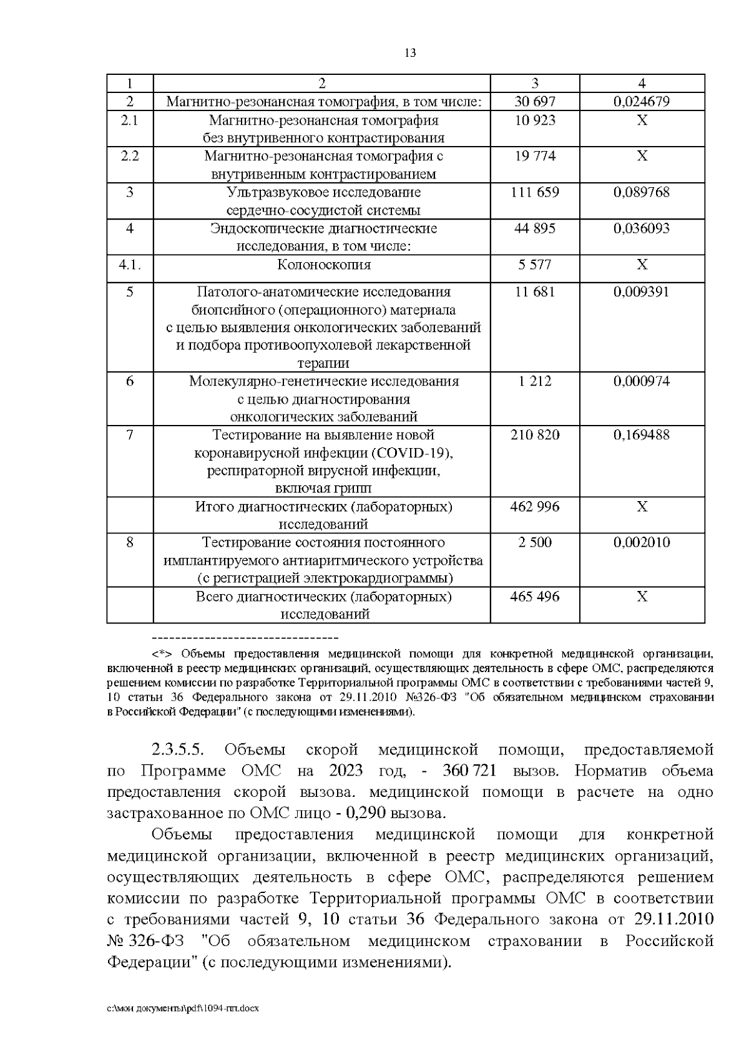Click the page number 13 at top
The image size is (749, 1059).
[410, 53]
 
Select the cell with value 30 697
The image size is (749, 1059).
[534, 102]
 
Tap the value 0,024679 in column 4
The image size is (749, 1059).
[642, 102]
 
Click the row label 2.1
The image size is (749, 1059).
[129, 120]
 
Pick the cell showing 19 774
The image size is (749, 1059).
[534, 156]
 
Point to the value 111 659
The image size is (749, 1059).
[534, 192]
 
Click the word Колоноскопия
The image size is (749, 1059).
[323, 265]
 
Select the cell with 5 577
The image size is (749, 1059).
[534, 265]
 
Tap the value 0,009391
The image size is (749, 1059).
[642, 291]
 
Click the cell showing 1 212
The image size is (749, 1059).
[534, 381]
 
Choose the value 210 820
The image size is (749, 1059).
[534, 435]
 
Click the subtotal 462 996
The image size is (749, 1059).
[534, 507]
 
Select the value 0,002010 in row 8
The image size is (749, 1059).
[642, 542]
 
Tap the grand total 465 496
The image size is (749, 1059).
[534, 597]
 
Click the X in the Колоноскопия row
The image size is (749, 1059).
[642, 265]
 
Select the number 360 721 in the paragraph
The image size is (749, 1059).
[469, 771]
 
